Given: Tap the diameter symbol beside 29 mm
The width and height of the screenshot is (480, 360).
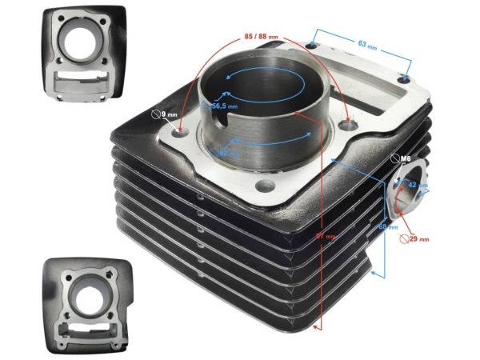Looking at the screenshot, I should click(402, 238).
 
